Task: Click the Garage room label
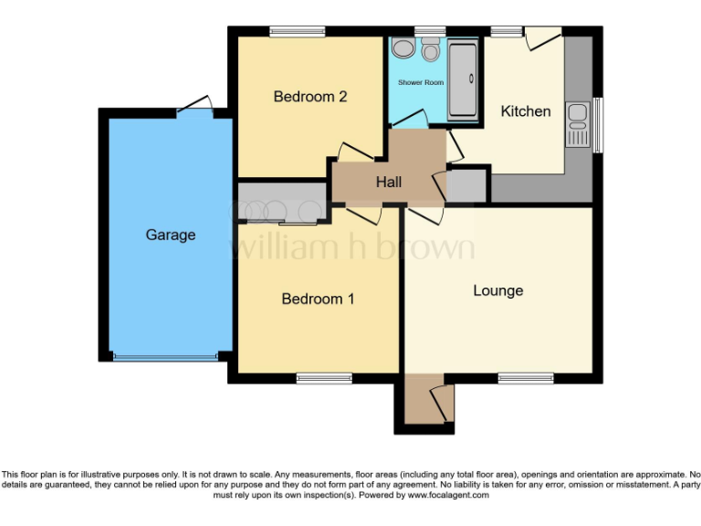pyautogui.click(x=171, y=235)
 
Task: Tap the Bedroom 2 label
pyautogui.click(x=310, y=97)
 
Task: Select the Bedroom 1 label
pyautogui.click(x=318, y=299)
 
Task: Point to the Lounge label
pyautogui.click(x=498, y=290)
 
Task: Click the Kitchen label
pyautogui.click(x=526, y=111)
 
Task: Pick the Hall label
pyautogui.click(x=389, y=183)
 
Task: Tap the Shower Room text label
pyautogui.click(x=421, y=83)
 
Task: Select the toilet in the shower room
pyautogui.click(x=431, y=47)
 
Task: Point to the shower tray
pyautogui.click(x=465, y=78)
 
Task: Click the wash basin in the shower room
pyautogui.click(x=402, y=48)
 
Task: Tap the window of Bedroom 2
pyautogui.click(x=298, y=32)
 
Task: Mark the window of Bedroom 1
pyautogui.click(x=325, y=377)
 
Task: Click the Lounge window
pyautogui.click(x=526, y=377)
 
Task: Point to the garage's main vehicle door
pyautogui.click(x=165, y=356)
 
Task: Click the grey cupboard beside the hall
pyautogui.click(x=467, y=185)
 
